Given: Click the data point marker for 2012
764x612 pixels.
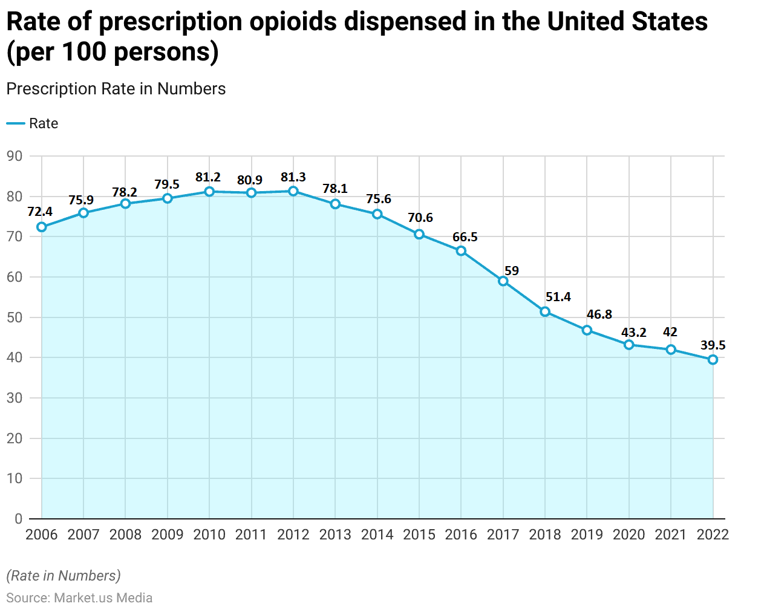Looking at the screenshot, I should pos(293,191).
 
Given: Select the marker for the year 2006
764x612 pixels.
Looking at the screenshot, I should pos(42,227).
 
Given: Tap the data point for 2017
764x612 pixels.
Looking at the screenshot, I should pos(503,281).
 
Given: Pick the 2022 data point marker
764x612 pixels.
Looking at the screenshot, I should pos(713,360).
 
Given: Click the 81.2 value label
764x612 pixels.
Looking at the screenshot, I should pos(208,177).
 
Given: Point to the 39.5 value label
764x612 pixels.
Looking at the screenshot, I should pos(713,345).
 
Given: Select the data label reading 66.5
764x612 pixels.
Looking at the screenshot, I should pos(465,237).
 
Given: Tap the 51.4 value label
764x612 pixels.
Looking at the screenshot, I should pos(558,297).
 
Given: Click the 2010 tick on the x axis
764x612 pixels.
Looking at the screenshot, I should pos(209,535).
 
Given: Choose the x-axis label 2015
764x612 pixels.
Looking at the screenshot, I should pos(419,535).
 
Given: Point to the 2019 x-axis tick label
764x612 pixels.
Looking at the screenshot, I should pos(587,535).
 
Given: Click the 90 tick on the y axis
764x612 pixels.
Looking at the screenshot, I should pos(15,156).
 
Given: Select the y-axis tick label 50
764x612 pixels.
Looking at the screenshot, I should pos(15,317).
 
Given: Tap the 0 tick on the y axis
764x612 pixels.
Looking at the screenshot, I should pos(18,519).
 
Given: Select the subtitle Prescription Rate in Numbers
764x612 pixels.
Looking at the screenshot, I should pos(116,89).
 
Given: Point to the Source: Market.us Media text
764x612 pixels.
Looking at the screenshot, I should pos(79,597).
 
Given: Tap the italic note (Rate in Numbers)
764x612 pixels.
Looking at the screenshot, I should pos(64,576).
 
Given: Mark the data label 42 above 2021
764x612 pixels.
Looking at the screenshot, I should pos(670,332).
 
